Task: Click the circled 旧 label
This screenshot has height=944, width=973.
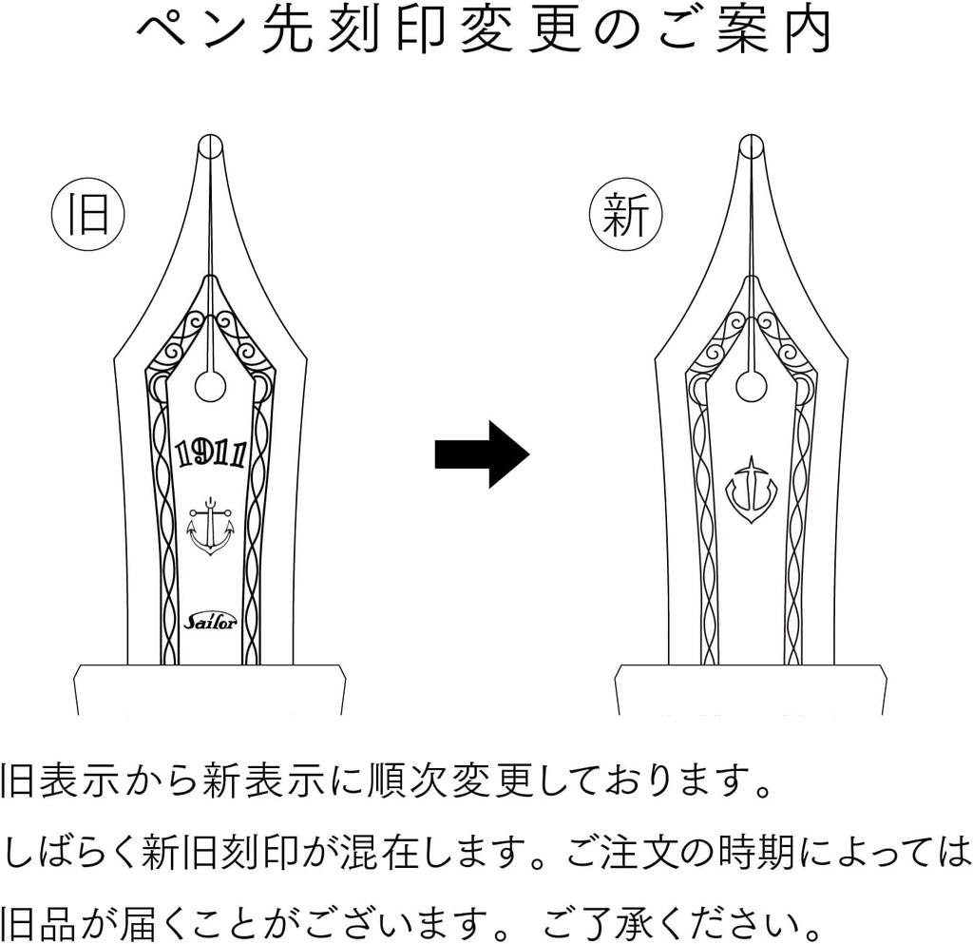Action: tap(87, 214)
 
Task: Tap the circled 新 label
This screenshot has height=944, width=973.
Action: tap(625, 214)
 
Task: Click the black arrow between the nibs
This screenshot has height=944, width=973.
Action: tap(482, 454)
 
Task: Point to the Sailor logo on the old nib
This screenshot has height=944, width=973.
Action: tap(210, 620)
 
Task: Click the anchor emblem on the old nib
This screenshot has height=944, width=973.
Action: tap(211, 527)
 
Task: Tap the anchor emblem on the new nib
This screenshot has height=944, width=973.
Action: tap(751, 490)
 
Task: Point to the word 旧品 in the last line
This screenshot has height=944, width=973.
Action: tap(38, 922)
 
